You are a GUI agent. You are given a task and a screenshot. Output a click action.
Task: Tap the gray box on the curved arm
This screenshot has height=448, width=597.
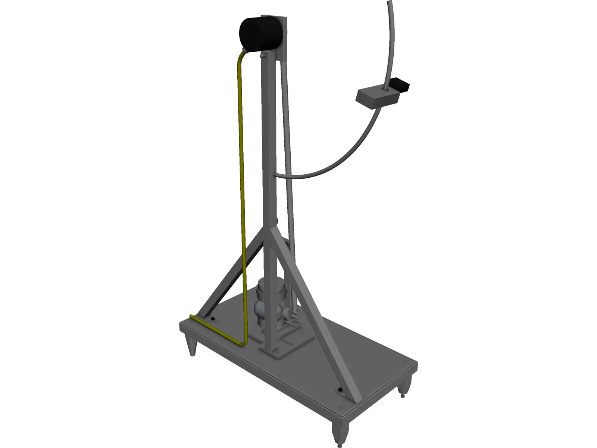[x=377, y=98]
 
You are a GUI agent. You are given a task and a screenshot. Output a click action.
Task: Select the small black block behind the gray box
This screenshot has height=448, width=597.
[x=400, y=85]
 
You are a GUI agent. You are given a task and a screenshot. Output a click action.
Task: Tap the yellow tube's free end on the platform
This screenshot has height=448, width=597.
[x=192, y=316]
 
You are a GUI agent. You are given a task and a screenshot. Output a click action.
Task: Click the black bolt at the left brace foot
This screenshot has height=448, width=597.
[x=213, y=320]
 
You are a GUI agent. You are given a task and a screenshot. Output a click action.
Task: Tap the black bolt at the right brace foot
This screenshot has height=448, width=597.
[x=340, y=390]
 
